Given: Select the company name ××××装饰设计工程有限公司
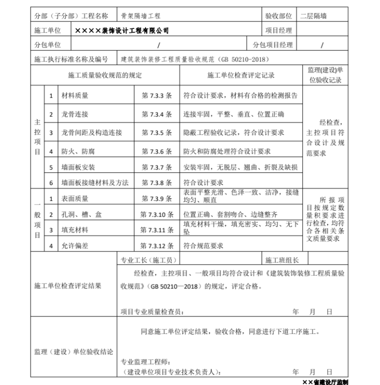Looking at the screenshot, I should (121, 30).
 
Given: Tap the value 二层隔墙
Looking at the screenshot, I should (313, 16).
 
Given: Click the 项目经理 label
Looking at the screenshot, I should (278, 30).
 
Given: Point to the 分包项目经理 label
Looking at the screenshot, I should (272, 45).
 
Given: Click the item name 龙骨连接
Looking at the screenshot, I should (74, 114).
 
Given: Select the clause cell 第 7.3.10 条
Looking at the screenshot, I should (157, 214).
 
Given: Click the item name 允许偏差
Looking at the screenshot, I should (74, 245).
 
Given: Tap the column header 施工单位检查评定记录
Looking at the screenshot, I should (240, 75).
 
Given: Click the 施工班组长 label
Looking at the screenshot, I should (281, 260).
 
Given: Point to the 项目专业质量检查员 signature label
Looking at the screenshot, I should (152, 311).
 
